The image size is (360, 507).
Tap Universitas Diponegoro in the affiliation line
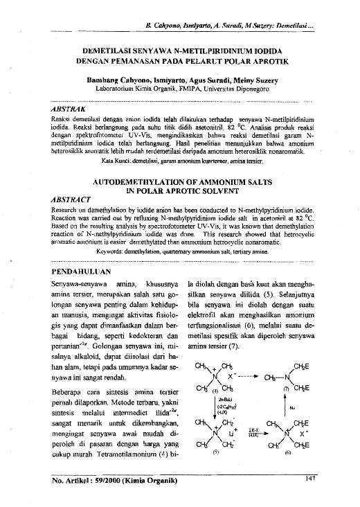(x=246, y=89)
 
